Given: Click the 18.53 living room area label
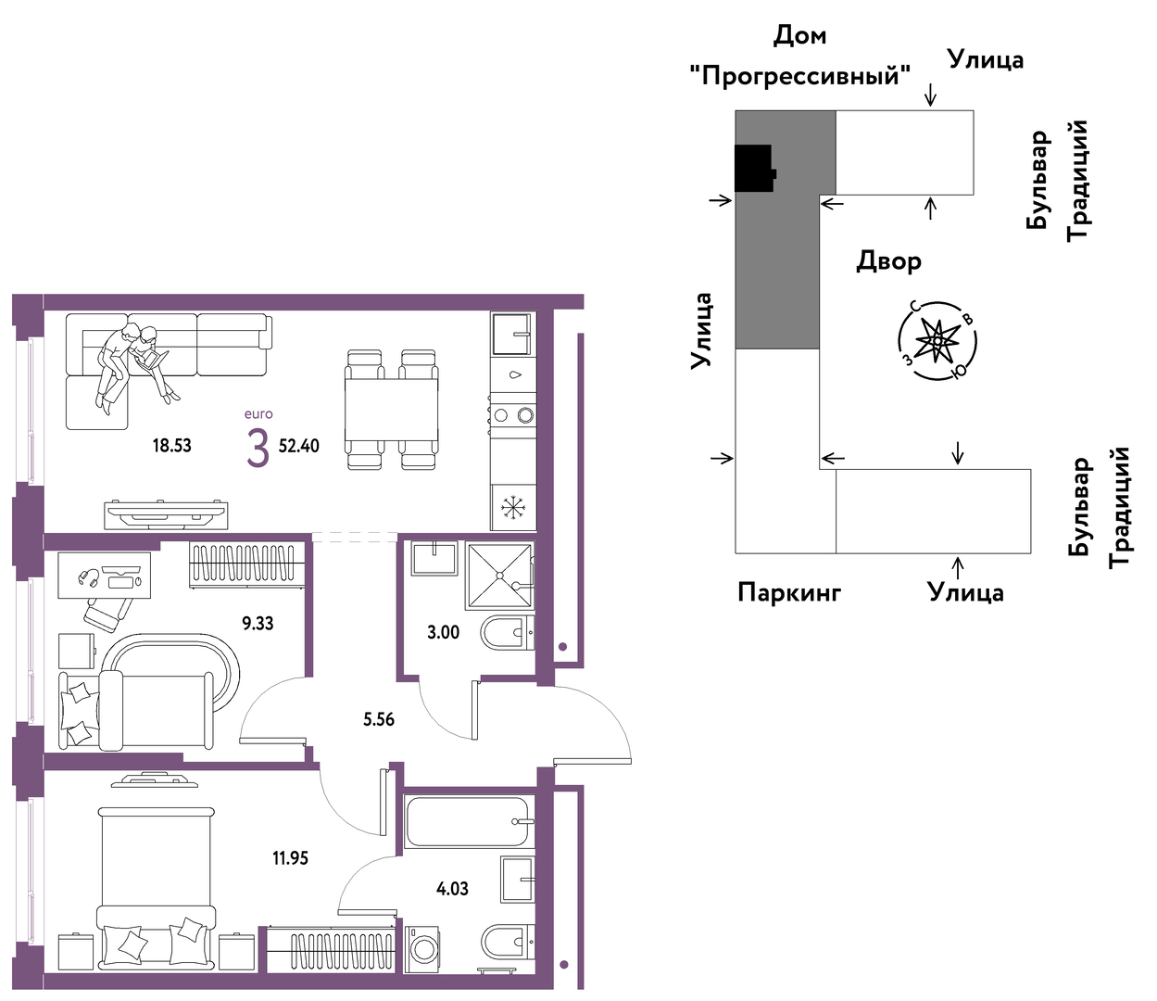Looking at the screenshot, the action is click(x=172, y=446).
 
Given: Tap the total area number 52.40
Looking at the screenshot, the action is click(x=299, y=446).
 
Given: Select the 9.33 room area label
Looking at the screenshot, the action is click(x=258, y=624).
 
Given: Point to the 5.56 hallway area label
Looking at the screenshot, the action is click(x=379, y=720).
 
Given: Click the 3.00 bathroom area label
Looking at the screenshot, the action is click(x=444, y=632).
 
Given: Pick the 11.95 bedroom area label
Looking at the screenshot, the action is click(x=291, y=858).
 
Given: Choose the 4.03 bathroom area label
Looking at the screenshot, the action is click(x=452, y=889).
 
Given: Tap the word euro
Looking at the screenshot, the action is click(x=258, y=414).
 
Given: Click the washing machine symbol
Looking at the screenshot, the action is click(x=422, y=949).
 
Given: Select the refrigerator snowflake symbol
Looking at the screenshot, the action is click(x=511, y=507).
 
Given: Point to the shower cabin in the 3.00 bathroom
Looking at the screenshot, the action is click(x=499, y=575).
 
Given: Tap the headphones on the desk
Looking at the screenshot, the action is click(x=89, y=577).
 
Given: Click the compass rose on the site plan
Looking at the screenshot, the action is click(x=937, y=340).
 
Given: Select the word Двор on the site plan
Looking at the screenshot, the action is click(x=889, y=261).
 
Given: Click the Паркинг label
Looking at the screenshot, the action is click(x=789, y=592).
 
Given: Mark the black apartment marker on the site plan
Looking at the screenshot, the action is click(x=754, y=168).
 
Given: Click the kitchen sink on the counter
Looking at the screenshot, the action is click(x=510, y=334).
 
